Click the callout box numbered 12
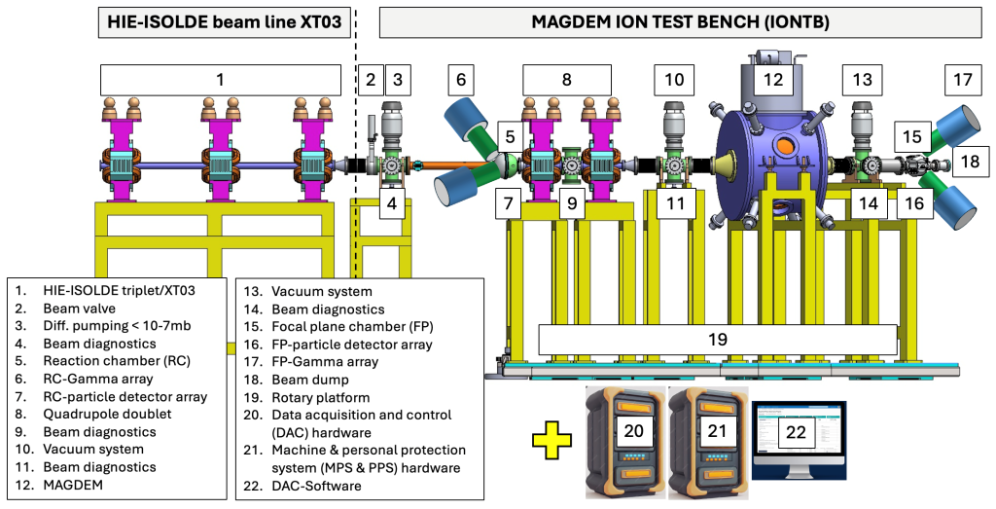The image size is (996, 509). click(772, 80)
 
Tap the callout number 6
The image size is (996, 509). click(462, 80)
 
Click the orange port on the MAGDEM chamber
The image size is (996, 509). click(784, 147)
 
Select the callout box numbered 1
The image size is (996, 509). click(220, 80)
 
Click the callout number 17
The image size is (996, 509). click(962, 80)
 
